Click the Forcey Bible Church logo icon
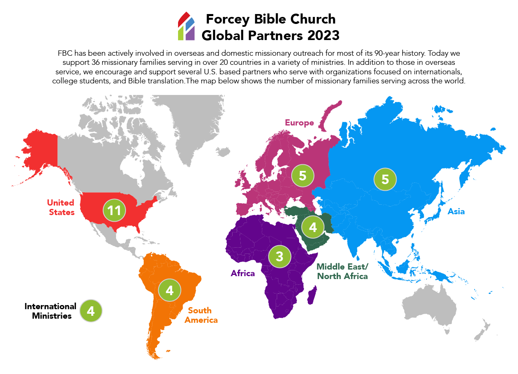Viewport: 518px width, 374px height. [x=186, y=26]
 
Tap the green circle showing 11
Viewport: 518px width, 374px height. [x=114, y=211]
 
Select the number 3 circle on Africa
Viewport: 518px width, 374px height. [x=279, y=256]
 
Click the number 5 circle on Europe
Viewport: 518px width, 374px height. [x=302, y=175]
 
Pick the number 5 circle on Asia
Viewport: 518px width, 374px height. [x=385, y=179]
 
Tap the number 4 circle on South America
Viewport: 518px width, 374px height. [x=169, y=290]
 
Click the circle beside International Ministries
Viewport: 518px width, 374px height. [x=91, y=311]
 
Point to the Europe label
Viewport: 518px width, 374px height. [x=299, y=123]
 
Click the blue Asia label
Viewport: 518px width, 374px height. [x=456, y=211]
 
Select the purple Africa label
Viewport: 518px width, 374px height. [x=243, y=273]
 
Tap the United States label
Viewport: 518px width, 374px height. [x=61, y=207]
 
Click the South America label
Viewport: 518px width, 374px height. [x=201, y=315]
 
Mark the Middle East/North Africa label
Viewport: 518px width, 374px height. [x=342, y=272]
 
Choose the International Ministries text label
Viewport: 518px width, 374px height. [x=50, y=311]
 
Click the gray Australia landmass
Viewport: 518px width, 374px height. [x=430, y=305]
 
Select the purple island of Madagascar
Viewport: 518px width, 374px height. [x=313, y=296]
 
